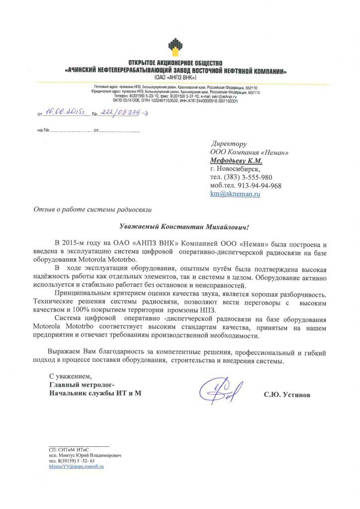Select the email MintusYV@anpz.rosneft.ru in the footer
coord(76,467)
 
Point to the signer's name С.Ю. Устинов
coord(287,395)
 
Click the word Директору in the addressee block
coord(229,143)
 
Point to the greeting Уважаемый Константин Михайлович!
coord(183,226)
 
